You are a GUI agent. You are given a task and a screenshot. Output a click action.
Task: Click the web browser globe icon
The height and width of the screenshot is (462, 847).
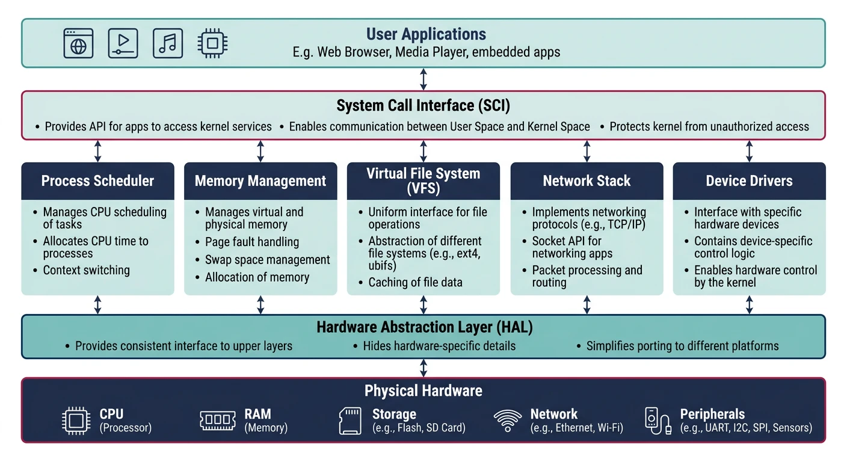point(78,43)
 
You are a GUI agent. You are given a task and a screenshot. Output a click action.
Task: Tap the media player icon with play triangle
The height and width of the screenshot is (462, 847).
point(123,43)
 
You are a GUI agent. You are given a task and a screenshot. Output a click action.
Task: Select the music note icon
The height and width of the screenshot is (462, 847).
point(167,43)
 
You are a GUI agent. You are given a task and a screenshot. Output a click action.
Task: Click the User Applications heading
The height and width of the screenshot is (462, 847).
point(426,34)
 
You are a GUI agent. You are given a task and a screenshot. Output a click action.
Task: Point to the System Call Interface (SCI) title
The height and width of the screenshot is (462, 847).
point(423,106)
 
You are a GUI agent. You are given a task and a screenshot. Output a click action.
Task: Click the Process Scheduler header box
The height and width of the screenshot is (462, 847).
point(97,181)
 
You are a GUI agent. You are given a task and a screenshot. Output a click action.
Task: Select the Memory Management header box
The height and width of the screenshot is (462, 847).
point(260,181)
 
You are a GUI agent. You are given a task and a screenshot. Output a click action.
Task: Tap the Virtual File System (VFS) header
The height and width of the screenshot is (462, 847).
point(423,181)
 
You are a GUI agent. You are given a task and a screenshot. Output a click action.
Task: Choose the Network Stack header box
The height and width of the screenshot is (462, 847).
point(587,181)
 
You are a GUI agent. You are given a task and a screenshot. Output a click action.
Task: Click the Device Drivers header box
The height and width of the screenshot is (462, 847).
point(749,181)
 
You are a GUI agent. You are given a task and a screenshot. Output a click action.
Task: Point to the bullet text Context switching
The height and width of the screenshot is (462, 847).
point(86,270)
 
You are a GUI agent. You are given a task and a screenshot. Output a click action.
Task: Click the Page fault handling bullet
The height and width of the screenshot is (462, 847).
point(251,242)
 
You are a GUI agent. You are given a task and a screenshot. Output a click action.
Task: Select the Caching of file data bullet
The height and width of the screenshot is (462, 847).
point(415,282)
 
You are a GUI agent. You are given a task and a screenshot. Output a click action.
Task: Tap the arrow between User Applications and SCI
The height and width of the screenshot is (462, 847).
point(423,79)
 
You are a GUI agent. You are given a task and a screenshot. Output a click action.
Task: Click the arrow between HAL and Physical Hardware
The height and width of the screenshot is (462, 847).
point(423,368)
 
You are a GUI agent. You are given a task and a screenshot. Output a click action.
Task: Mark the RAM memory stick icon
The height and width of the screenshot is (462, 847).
point(217,420)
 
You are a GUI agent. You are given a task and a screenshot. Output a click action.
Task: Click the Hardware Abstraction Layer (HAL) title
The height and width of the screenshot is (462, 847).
point(424,328)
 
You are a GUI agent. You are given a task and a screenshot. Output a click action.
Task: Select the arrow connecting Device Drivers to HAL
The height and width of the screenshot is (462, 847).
point(749,305)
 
